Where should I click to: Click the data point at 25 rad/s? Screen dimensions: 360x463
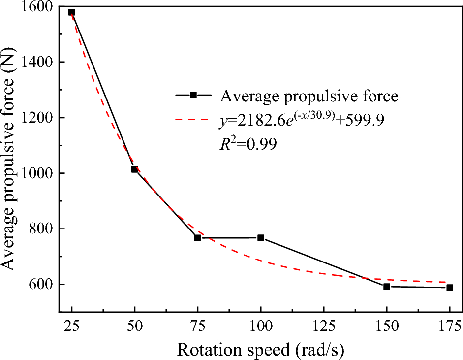tap(71, 12)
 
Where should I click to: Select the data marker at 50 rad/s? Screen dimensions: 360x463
tap(134, 169)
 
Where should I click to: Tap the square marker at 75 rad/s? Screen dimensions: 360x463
tap(198, 238)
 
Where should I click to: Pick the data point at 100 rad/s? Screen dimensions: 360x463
tap(261, 238)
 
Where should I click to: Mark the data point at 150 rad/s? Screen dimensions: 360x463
tap(387, 287)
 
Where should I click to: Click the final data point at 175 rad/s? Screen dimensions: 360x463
tap(450, 288)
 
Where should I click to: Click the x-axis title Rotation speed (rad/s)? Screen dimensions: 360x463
tap(260, 349)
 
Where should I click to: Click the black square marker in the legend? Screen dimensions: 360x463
tap(193, 95)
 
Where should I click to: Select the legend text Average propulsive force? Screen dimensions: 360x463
tap(309, 96)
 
